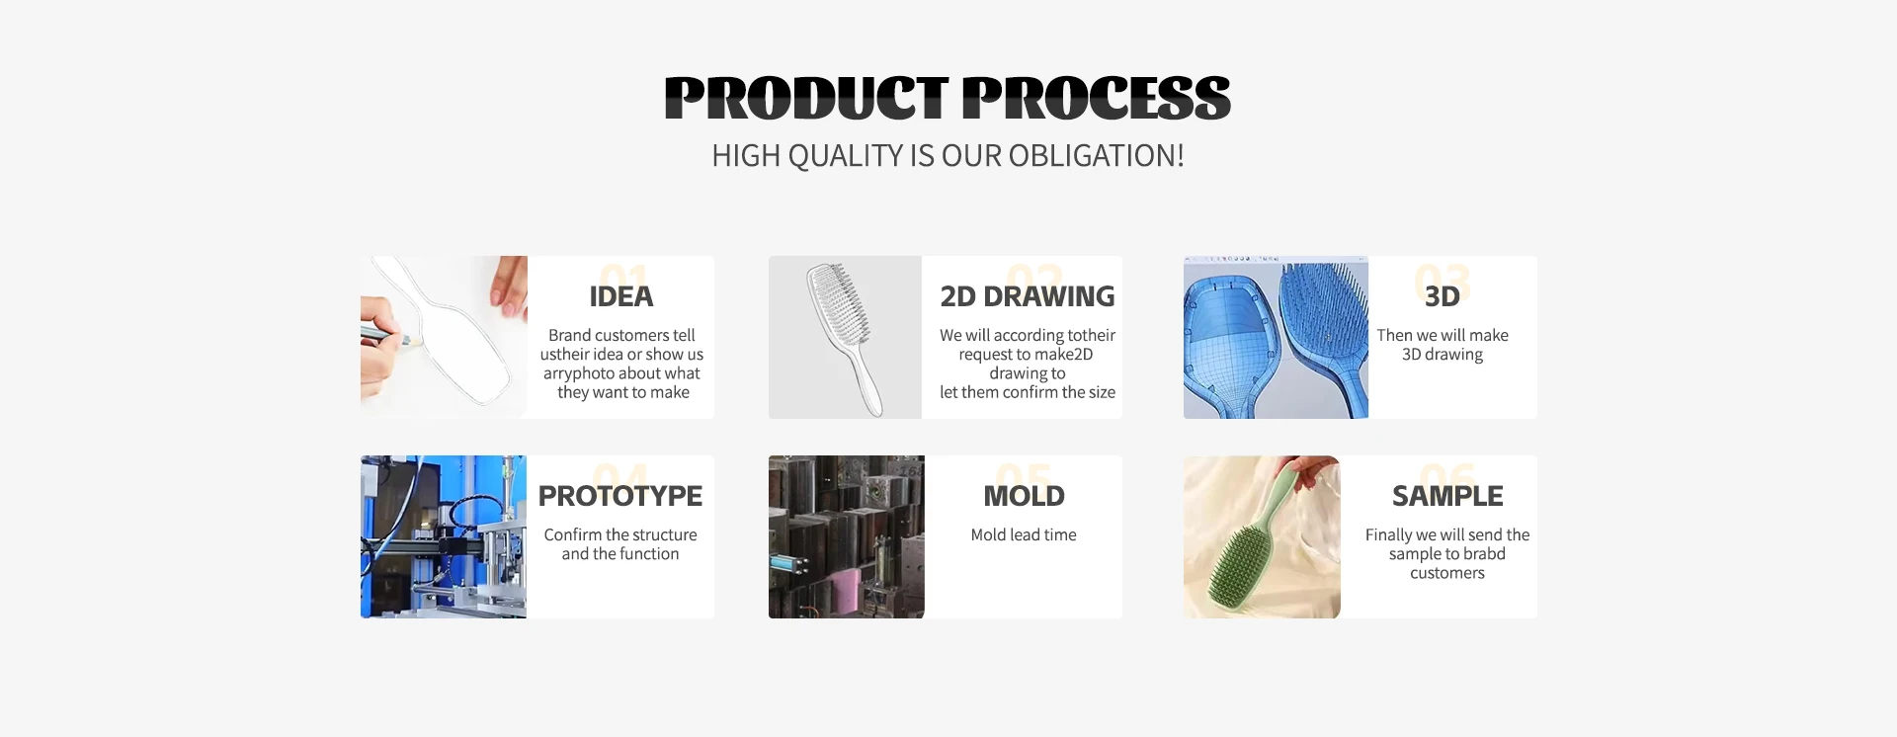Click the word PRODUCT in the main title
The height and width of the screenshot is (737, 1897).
807,98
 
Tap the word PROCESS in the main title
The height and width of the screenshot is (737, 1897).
1097,98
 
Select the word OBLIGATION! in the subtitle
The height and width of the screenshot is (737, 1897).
1096,156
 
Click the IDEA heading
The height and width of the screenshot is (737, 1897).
621,296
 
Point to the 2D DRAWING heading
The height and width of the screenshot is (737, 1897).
1028,296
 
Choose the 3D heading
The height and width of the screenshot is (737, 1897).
1443,296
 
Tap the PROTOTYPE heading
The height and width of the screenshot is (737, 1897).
620,496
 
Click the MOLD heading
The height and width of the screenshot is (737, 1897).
1025,496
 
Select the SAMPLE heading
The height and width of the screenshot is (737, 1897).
1447,496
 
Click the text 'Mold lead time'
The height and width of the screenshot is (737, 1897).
1024,534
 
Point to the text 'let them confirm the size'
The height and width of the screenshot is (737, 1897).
1028,392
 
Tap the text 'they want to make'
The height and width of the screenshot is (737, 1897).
623,392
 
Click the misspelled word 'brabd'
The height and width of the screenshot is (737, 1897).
1483,554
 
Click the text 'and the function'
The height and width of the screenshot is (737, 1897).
620,554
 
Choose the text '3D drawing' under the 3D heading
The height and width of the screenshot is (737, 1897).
1443,355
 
